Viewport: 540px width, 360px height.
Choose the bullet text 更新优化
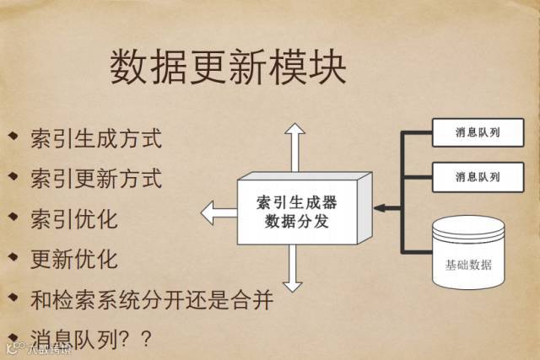[73, 259]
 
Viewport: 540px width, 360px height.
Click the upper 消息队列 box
[477, 133]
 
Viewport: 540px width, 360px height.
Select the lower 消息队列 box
[477, 177]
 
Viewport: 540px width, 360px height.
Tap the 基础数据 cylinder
[467, 255]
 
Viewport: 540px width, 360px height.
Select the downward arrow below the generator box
[294, 270]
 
